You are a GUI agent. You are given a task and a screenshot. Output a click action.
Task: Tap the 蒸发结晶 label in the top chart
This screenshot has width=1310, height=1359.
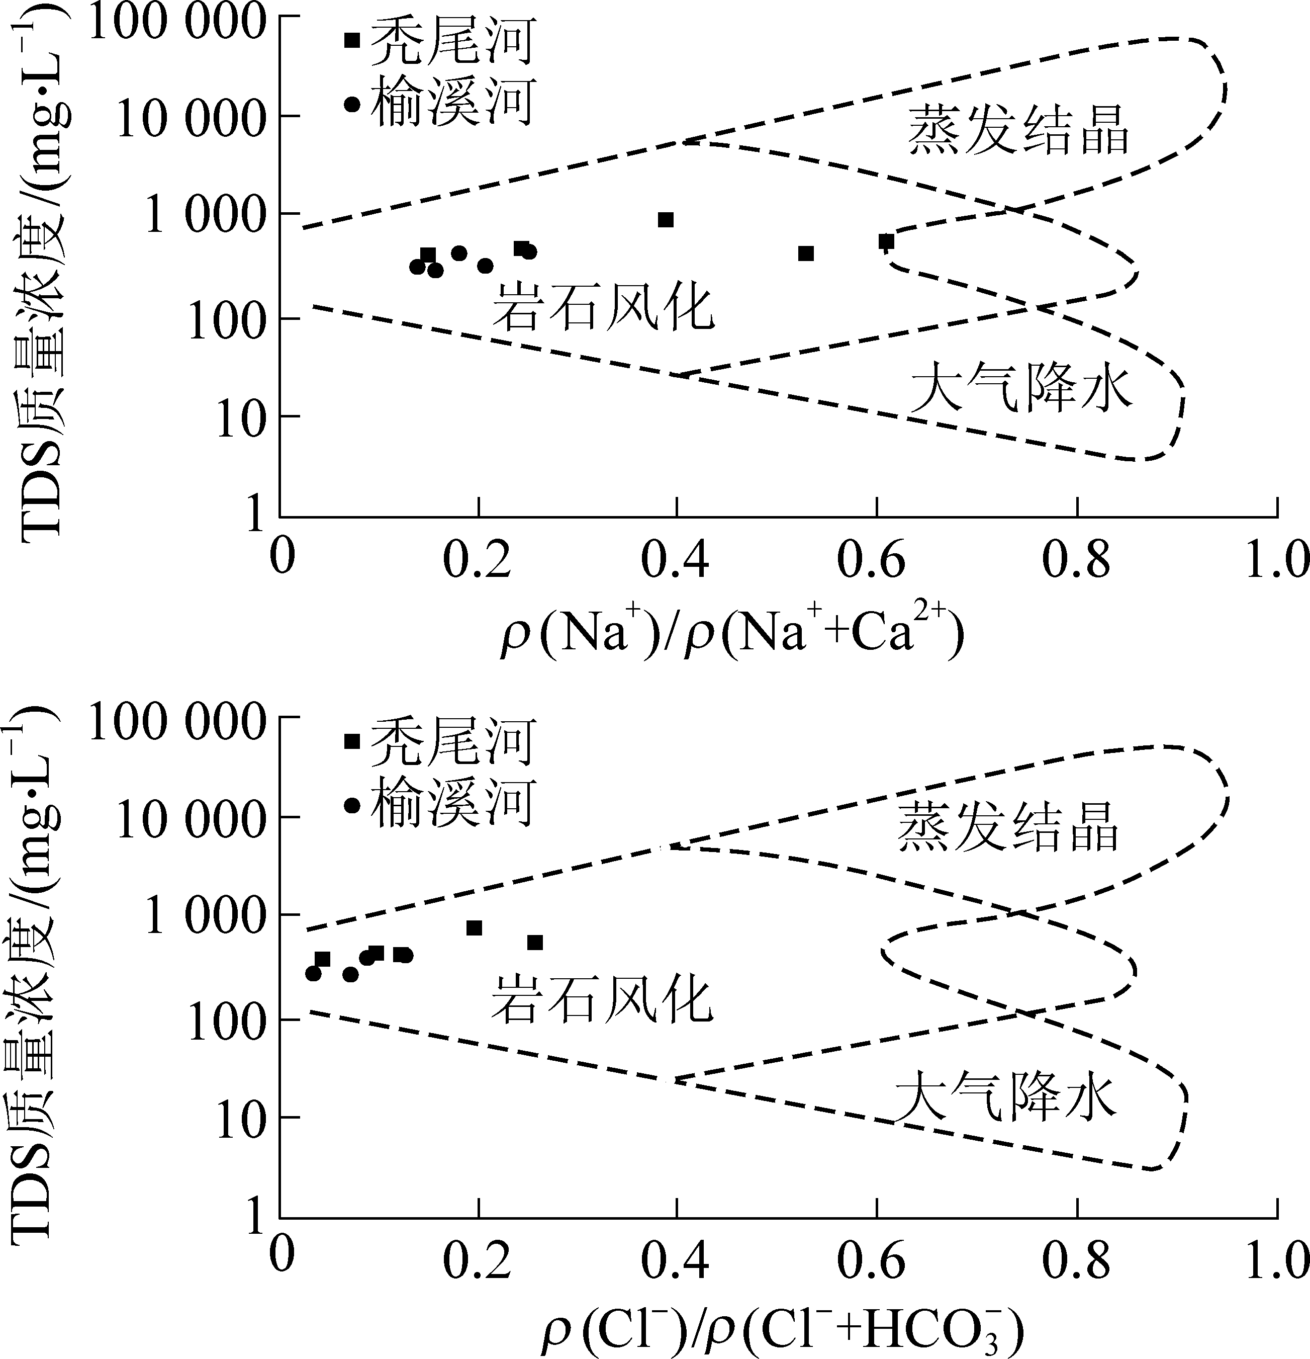point(1019,130)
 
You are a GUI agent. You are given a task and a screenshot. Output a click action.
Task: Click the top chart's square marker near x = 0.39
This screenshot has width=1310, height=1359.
point(666,220)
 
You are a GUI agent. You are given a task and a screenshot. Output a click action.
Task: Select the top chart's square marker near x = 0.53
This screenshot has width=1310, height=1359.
point(805,254)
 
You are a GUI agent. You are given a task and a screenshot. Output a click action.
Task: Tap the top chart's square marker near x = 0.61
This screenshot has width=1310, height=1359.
point(886,241)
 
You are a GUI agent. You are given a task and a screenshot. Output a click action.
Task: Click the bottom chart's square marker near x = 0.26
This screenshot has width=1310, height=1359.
point(534,942)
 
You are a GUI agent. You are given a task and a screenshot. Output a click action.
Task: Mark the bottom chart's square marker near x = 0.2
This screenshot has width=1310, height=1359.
point(474,928)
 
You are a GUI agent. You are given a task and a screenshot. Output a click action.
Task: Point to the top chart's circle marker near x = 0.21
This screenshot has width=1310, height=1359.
point(485,266)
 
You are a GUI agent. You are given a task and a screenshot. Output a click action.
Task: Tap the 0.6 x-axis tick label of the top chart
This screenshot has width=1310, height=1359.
point(871,561)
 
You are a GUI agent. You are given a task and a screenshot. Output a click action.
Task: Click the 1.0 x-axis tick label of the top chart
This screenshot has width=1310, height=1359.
point(1276,561)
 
